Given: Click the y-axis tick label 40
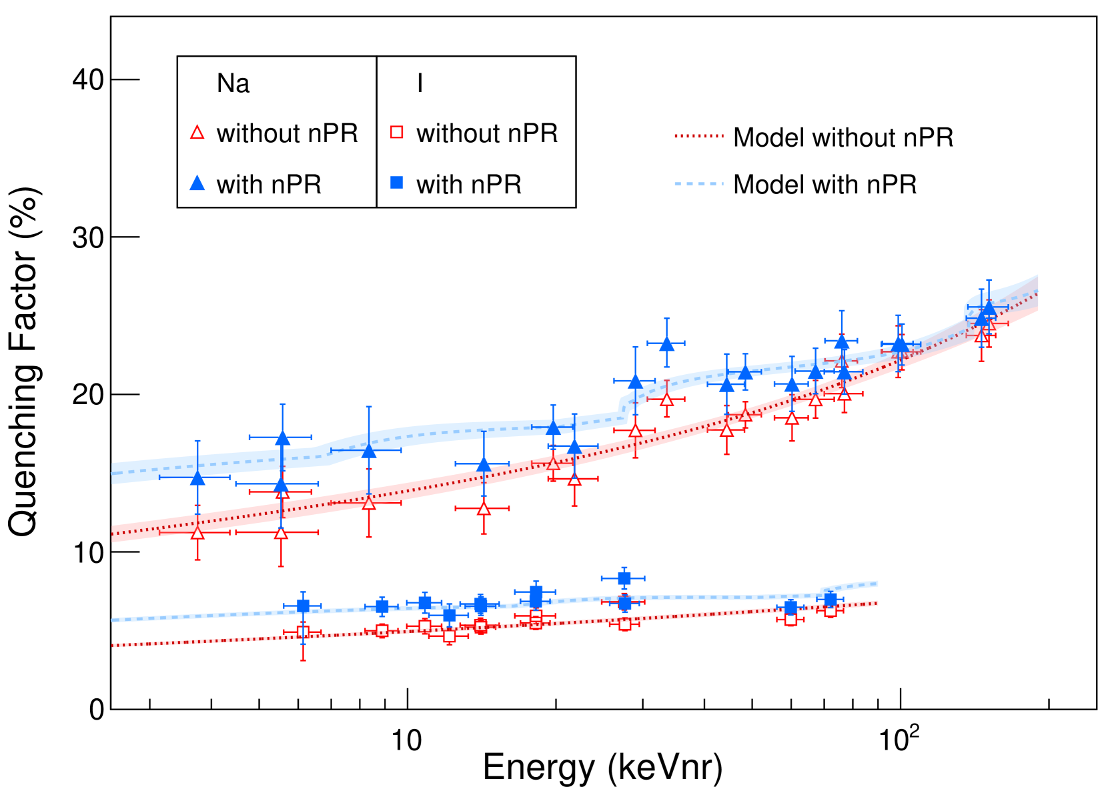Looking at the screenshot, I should [88, 80].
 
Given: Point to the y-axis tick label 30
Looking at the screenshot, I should [88, 237].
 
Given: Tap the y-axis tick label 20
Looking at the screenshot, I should [88, 395].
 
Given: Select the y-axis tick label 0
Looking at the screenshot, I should [97, 710].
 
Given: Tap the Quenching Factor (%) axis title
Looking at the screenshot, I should [24, 361].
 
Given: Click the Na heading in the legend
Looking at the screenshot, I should [233, 83].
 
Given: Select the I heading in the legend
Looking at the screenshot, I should [420, 83].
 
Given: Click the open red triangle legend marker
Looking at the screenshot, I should [197, 133].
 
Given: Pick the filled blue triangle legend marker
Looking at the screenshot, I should [197, 183].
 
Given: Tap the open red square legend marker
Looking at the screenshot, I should [397, 132].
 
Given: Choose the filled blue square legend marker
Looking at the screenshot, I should [397, 183].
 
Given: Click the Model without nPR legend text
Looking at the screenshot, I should [843, 137].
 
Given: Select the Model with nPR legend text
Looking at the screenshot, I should [824, 184].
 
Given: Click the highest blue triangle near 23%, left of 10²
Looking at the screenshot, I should [666, 344].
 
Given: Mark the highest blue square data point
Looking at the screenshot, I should [624, 578].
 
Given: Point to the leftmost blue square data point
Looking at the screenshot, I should [303, 606].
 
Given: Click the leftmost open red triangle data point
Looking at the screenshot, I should [197, 533].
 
